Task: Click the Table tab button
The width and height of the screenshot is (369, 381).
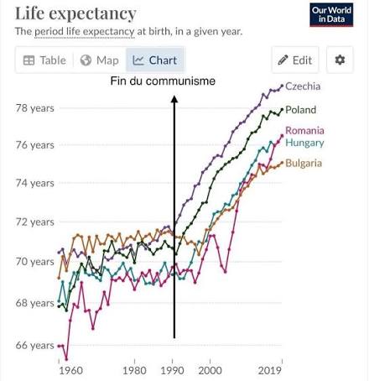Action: (x=44, y=60)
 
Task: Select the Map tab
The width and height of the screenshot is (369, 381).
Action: (x=100, y=60)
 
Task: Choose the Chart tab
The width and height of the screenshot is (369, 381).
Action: (x=155, y=60)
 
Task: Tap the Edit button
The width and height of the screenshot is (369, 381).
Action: (x=295, y=60)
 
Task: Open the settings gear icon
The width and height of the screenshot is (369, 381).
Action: (x=340, y=60)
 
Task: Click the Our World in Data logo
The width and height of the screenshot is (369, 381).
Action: (x=331, y=15)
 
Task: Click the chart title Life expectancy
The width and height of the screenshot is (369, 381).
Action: (x=75, y=13)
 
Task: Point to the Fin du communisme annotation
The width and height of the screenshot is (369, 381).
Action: (x=163, y=81)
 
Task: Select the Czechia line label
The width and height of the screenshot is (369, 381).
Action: (x=303, y=86)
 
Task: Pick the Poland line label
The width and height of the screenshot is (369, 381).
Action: (x=301, y=110)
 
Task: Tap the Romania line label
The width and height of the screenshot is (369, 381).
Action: (x=304, y=130)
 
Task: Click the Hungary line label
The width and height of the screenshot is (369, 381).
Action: (x=304, y=143)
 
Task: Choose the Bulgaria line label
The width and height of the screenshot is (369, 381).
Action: (x=304, y=163)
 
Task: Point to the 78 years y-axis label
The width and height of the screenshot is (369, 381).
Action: (x=34, y=108)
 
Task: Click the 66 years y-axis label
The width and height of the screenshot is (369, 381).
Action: (x=34, y=346)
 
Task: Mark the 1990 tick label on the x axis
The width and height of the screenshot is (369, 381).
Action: (x=172, y=371)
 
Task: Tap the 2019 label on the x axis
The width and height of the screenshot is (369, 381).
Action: (x=269, y=371)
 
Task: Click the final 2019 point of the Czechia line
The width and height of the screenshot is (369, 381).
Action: (x=282, y=86)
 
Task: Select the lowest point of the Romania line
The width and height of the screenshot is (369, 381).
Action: (x=66, y=359)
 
